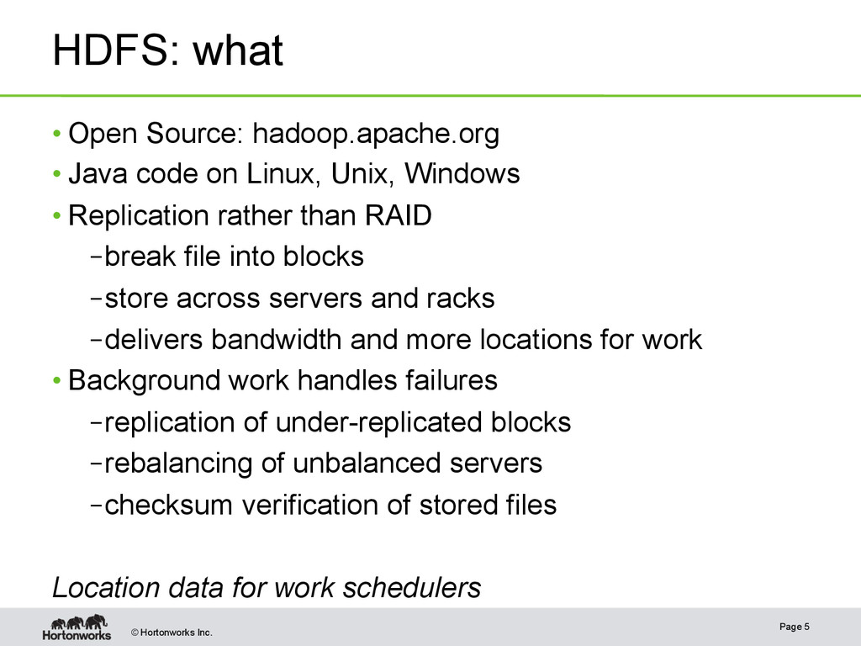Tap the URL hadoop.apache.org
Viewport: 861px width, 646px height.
click(376, 133)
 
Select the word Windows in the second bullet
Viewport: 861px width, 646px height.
click(462, 174)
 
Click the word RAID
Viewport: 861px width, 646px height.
click(398, 215)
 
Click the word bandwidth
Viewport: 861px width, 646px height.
click(277, 339)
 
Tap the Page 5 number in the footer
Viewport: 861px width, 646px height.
click(795, 627)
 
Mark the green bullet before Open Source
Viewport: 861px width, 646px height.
click(56, 134)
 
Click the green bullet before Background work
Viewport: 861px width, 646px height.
click(56, 381)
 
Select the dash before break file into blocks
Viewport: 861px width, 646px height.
click(95, 257)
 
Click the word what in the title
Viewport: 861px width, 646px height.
click(239, 50)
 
